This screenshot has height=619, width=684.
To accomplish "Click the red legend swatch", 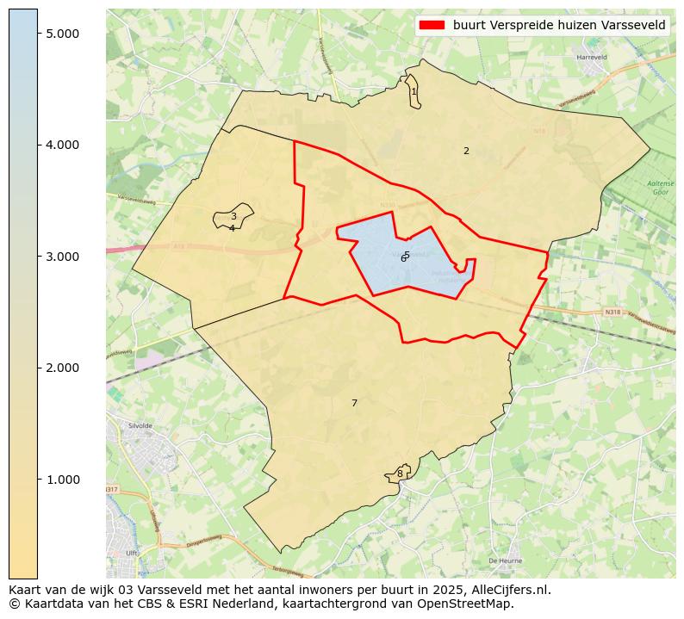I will coord(432,25).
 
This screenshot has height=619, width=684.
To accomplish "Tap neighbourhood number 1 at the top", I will coord(414,91).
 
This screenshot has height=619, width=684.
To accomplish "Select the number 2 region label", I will coord(466,151).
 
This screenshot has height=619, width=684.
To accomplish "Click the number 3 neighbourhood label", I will coord(233,217).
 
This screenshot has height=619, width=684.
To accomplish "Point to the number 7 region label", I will coord(354,403).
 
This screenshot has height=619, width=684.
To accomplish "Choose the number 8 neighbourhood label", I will coord(400,474).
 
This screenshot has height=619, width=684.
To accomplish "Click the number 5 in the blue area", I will coord(407,255).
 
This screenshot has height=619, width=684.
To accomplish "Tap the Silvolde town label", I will coord(140,425).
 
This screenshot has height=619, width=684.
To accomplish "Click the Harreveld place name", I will coord(592,58).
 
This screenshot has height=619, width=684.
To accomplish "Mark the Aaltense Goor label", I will coord(661,189).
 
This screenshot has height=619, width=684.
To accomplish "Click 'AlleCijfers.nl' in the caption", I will coord(507,590).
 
